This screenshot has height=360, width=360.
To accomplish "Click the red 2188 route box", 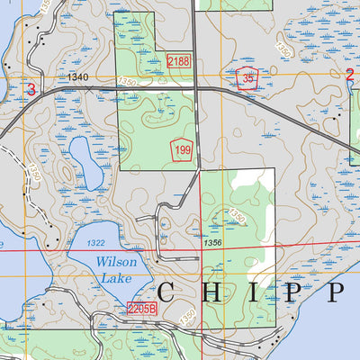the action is click(178, 61).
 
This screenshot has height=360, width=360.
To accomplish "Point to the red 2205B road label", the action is click(142, 308).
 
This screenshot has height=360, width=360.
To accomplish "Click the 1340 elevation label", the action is click(77, 78).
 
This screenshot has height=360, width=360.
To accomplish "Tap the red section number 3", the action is click(32, 89).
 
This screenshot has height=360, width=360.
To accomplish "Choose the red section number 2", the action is click(349, 75).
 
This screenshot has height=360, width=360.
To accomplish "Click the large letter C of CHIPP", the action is click(170, 292).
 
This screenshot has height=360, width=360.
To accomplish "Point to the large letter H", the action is click(217, 292).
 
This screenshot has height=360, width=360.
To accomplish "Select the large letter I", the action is click(256, 292).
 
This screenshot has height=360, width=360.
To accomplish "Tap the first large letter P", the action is click(293, 292).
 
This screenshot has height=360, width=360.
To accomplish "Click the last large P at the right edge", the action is click(338, 292).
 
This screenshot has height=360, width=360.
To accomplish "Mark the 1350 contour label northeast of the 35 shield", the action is click(284, 51).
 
